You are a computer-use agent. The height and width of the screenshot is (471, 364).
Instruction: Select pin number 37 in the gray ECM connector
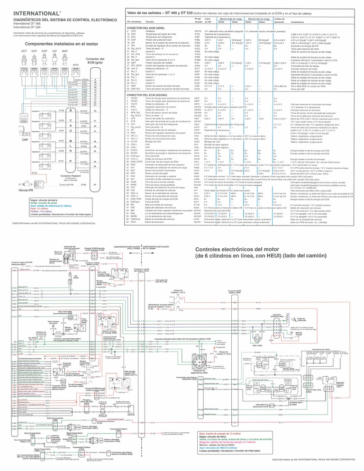(x=95, y=184)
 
